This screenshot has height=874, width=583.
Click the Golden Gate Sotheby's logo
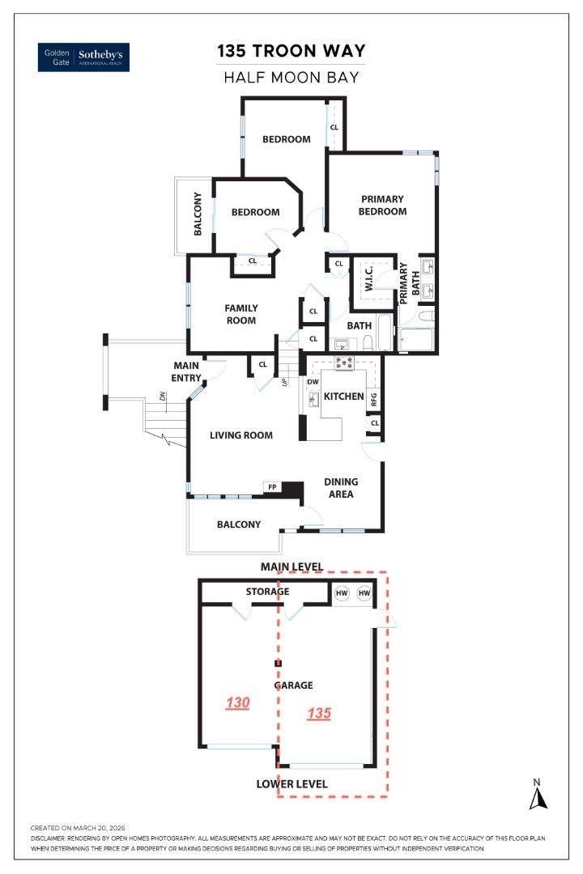click(x=83, y=57)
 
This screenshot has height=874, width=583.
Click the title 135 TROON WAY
click(x=291, y=52)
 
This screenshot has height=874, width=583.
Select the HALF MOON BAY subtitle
click(x=291, y=78)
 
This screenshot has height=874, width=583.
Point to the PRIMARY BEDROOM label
click(x=383, y=205)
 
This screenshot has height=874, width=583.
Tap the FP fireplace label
click(x=272, y=487)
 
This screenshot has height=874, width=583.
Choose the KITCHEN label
click(x=344, y=397)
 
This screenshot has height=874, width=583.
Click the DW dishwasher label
click(x=313, y=381)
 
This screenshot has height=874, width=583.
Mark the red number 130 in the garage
click(x=237, y=703)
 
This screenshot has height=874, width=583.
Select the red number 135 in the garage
click(x=320, y=714)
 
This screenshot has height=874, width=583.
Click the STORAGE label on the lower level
click(x=267, y=592)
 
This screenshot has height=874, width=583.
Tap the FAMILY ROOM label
click(x=241, y=314)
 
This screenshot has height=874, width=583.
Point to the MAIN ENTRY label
click(x=186, y=371)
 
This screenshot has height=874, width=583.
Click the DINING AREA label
click(x=341, y=487)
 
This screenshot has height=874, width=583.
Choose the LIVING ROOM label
click(x=241, y=435)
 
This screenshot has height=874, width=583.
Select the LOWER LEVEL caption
click(x=291, y=783)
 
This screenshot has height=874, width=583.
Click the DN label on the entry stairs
click(x=162, y=397)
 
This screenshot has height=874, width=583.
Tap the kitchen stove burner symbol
click(x=345, y=363)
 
